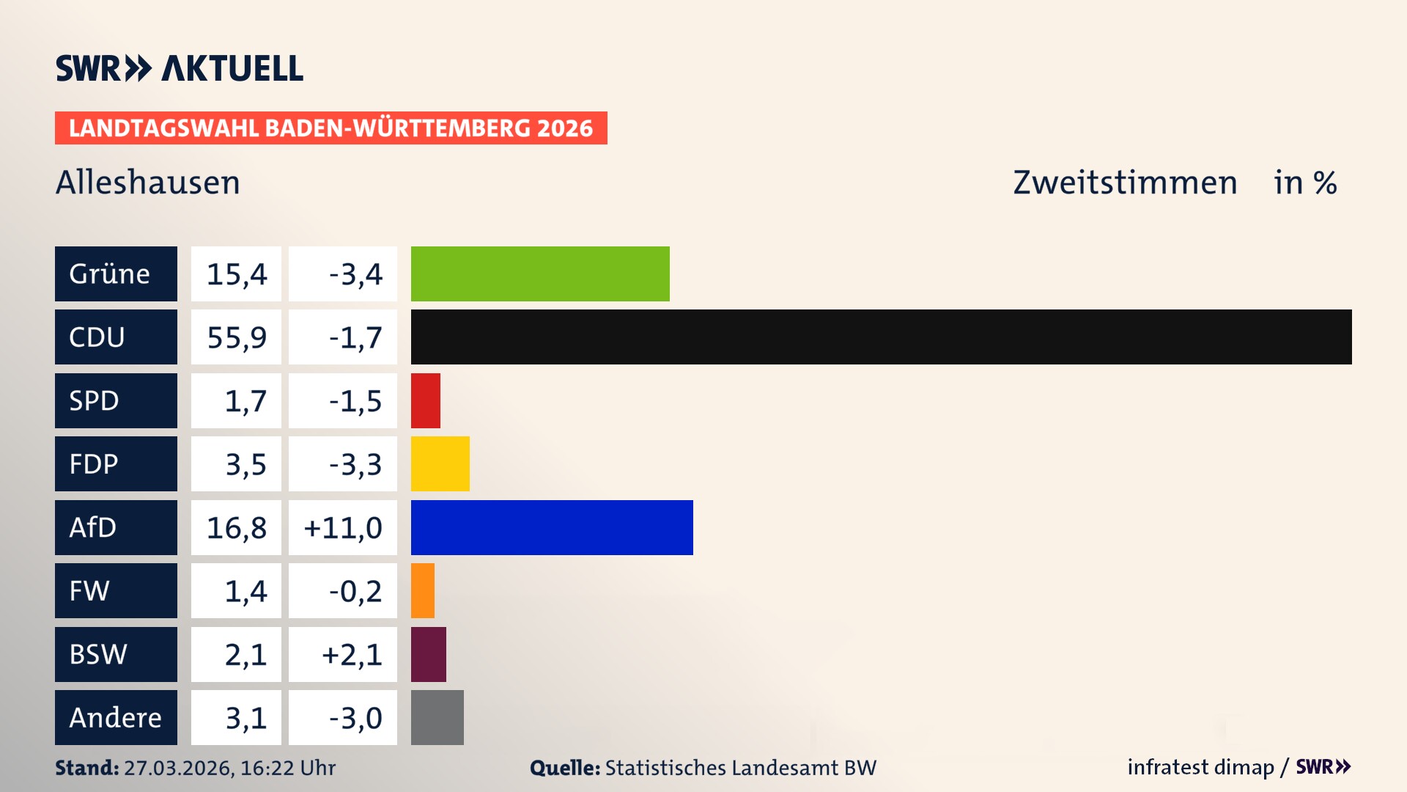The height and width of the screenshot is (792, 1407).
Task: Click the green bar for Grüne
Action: coord(540,274)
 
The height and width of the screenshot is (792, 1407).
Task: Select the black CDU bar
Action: coord(881,337)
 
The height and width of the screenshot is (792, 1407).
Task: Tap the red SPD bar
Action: coord(426,400)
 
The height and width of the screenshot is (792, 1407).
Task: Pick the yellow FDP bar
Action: coord(440,463)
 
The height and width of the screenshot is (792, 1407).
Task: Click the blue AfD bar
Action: coord(552,527)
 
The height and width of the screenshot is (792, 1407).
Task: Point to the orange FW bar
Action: coord(423,590)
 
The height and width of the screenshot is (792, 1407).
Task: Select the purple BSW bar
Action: coord(429,654)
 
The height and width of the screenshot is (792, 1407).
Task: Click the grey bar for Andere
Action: coord(437,717)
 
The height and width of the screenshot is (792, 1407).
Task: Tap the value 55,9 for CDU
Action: coord(236,337)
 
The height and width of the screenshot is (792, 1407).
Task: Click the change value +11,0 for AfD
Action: coord(343,528)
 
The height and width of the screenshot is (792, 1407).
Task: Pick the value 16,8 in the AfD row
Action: coord(236,528)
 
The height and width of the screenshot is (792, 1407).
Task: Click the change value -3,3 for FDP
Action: coord(355,464)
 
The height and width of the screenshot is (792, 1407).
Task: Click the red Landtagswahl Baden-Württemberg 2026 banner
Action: coord(330,128)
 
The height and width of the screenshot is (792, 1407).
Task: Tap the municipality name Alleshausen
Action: coord(148,183)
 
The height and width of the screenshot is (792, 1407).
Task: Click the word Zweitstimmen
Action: coord(1125,183)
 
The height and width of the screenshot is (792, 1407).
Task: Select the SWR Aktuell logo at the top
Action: coord(180,68)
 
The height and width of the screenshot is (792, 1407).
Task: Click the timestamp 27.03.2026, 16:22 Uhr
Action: coord(229,768)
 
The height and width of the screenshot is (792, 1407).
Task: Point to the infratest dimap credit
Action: coord(1200,767)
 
